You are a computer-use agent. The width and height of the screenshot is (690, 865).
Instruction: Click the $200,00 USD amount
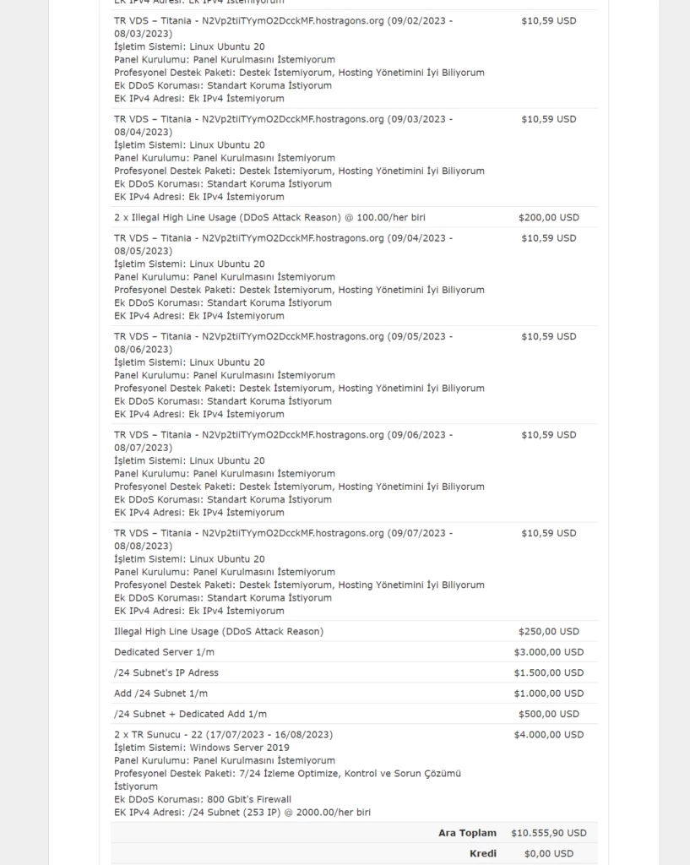point(548,217)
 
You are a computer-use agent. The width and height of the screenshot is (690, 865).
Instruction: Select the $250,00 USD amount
point(548,631)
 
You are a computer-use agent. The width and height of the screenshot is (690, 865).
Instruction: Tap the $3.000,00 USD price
point(548,652)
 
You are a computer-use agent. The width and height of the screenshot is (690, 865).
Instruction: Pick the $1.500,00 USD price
point(548,672)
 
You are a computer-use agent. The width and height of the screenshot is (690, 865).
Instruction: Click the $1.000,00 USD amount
point(548,694)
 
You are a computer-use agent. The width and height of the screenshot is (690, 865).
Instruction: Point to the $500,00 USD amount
point(548,714)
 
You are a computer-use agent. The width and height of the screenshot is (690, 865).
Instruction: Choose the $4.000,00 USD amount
point(548,735)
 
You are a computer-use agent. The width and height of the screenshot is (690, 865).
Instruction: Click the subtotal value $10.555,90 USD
point(548,833)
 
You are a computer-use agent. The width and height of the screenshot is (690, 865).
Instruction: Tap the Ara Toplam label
point(467,833)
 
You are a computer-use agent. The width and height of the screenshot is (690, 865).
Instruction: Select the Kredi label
point(482,853)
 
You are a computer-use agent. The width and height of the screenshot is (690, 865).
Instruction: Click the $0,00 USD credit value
point(548,853)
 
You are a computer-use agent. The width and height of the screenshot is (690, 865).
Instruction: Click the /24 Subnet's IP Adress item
point(166,672)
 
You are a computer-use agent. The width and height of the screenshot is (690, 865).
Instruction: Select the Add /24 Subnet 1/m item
point(160,694)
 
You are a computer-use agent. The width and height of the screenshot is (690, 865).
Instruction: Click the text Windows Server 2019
point(239,748)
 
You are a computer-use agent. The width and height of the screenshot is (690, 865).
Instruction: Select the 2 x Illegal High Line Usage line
point(269,217)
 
